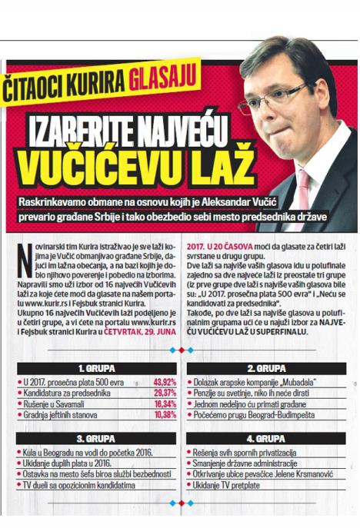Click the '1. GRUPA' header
point(96,368)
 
